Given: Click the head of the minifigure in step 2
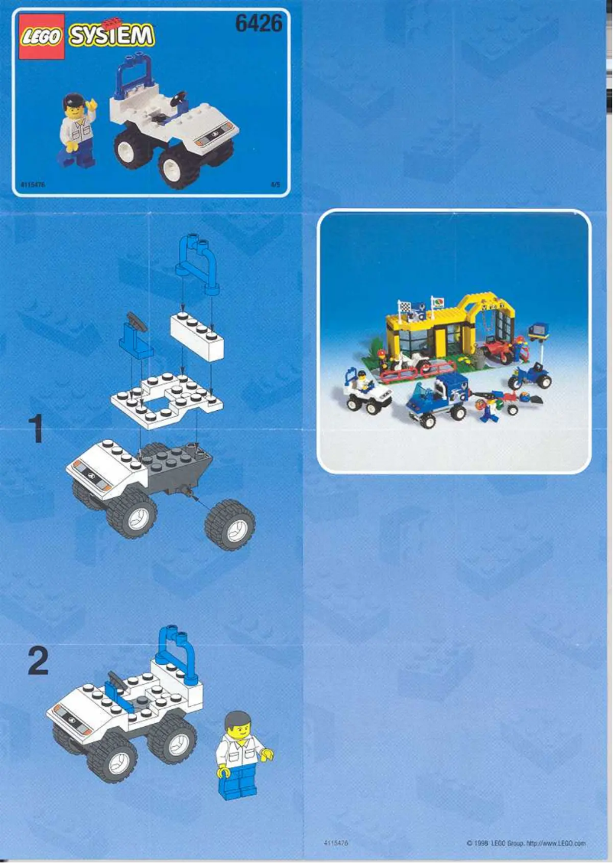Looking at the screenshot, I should [x=238, y=724].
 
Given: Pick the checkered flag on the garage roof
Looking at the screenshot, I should [x=404, y=308].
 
